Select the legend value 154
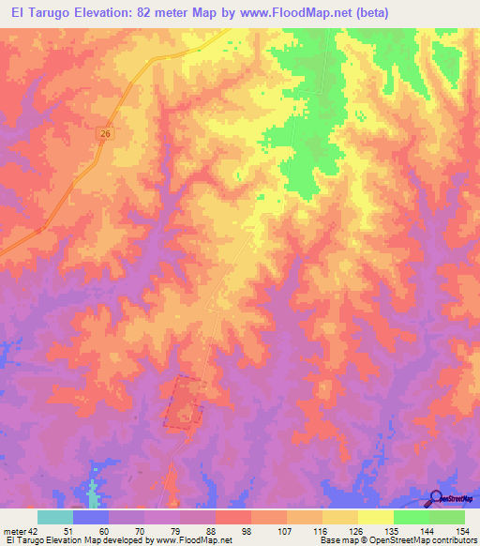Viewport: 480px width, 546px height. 460,531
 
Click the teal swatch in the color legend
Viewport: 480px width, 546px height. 55,517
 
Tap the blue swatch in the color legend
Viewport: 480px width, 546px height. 91,517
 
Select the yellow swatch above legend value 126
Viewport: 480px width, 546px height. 339,517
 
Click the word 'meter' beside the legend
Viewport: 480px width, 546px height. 15,531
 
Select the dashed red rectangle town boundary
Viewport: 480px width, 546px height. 184,402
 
